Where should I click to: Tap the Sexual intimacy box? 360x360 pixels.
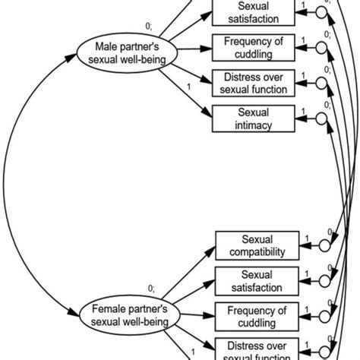pyautogui.click(x=254, y=118)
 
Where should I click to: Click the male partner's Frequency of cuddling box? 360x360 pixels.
pyautogui.click(x=254, y=48)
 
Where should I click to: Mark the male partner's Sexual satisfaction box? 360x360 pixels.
pyautogui.click(x=254, y=12)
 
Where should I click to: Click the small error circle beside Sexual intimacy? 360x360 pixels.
pyautogui.click(x=322, y=118)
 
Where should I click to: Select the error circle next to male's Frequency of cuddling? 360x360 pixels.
pyautogui.click(x=322, y=48)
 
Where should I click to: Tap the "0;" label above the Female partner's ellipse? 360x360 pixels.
pyautogui.click(x=151, y=288)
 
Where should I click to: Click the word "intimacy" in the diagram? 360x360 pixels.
pyautogui.click(x=254, y=125)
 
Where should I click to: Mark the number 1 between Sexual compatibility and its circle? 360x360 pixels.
pyautogui.click(x=306, y=241)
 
